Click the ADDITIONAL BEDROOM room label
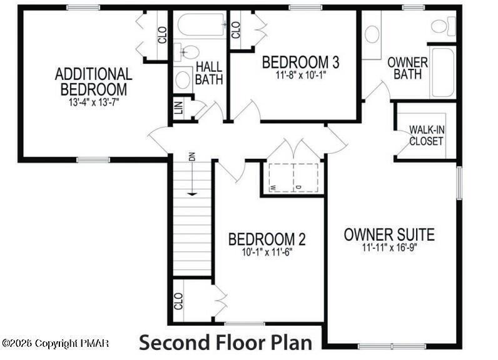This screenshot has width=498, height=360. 94,81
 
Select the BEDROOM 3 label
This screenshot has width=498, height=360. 300,62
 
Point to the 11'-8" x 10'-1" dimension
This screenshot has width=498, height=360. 300,75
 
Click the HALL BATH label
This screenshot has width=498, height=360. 209,72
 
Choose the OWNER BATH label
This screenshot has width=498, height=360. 407,68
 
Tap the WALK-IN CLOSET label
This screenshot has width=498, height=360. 426,135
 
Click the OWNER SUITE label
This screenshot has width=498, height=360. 389,235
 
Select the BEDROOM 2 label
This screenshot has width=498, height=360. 267,239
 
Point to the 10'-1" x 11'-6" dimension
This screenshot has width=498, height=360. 267,252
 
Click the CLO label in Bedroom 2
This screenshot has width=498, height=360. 179,302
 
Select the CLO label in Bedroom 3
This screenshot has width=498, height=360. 236,29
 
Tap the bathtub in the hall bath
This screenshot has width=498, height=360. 200,26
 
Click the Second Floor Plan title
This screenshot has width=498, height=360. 225,343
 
